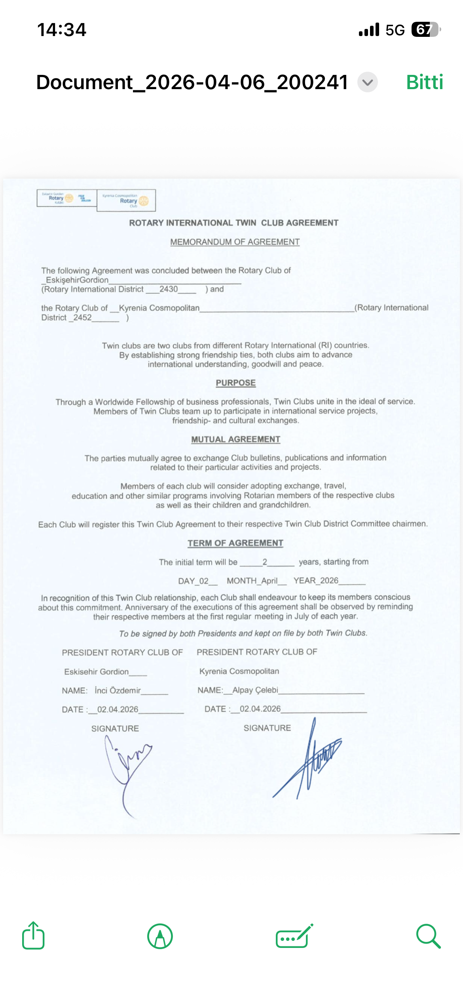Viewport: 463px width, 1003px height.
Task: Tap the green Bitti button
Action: point(424,82)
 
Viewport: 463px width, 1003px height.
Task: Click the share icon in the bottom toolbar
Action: point(33,936)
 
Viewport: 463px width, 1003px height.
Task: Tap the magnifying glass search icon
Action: point(428,936)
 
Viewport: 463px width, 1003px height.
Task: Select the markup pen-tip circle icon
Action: point(160,936)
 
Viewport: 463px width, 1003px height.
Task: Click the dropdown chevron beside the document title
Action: point(368,82)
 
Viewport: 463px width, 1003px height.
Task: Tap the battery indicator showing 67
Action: point(425,30)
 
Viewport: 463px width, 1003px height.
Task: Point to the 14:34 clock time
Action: point(62,30)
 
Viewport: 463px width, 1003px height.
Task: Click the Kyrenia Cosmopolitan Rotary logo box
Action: point(126,200)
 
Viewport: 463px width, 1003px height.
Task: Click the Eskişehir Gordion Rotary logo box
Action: point(66,198)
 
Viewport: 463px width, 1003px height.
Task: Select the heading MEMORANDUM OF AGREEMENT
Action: point(235,242)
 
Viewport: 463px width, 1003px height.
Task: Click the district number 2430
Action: point(169,289)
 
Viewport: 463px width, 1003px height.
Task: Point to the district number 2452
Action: point(82,318)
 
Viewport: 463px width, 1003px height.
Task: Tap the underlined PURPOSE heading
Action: point(235,383)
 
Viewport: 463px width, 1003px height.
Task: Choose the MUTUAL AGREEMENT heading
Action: point(235,439)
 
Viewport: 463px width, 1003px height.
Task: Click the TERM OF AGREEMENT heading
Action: point(235,543)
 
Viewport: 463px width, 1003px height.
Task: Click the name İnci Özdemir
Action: point(118,690)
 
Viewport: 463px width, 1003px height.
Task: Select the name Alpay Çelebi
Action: point(255,690)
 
